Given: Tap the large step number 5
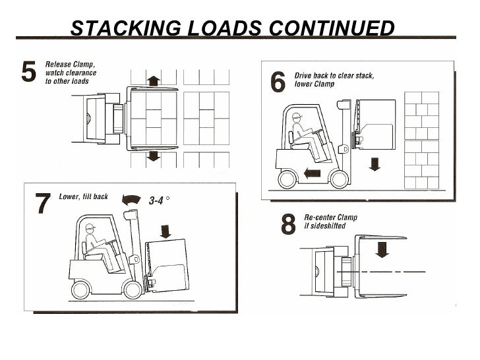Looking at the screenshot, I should coord(29,72).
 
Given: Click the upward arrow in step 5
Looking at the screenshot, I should coord(153,80).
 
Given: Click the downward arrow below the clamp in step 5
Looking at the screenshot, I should coord(153,156).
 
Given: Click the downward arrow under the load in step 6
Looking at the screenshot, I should coord(375,163).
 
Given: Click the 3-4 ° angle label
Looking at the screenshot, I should coord(161,202).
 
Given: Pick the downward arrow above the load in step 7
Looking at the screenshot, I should coord(165,230).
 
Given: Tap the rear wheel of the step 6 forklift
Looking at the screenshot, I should coord(289,179).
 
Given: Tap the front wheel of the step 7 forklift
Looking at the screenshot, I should coord(133,287).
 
